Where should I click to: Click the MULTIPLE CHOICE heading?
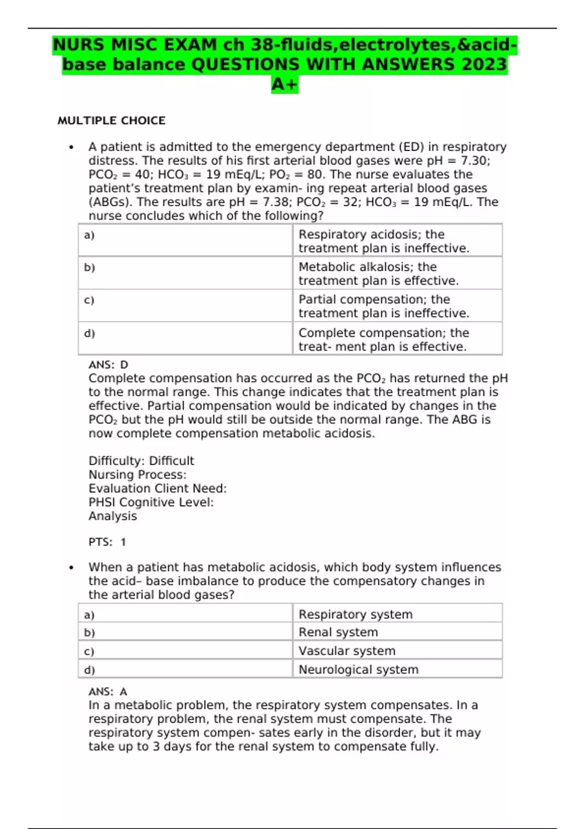(x=111, y=120)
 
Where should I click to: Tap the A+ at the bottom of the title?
(x=285, y=84)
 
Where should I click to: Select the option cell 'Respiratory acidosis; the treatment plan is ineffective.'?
(x=397, y=241)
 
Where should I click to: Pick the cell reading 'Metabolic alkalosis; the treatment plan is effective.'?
(x=397, y=274)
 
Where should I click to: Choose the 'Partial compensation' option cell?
(x=397, y=306)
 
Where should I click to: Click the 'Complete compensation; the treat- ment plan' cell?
(x=397, y=339)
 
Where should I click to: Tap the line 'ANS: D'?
(x=108, y=365)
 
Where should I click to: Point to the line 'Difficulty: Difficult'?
(x=141, y=461)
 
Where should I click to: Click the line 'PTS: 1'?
(x=107, y=542)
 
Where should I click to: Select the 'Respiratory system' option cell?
(x=397, y=614)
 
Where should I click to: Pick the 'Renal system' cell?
(x=397, y=632)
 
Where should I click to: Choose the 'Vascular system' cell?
(x=397, y=651)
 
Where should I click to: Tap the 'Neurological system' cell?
(x=397, y=669)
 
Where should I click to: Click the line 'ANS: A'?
(x=108, y=691)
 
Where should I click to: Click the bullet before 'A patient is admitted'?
(x=71, y=147)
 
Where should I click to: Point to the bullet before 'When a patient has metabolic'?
(x=71, y=568)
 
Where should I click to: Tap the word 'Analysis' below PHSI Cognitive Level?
(x=113, y=516)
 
